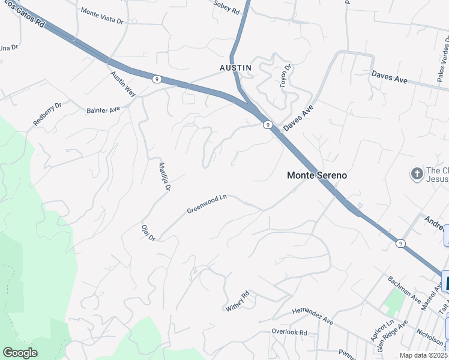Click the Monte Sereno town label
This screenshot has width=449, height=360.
(x=317, y=175)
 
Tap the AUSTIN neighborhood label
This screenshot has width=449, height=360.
(x=235, y=68)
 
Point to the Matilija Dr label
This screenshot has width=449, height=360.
(x=165, y=177)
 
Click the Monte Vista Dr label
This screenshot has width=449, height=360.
(x=101, y=16)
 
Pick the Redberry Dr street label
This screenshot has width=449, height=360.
(x=47, y=114)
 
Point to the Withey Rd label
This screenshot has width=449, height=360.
(x=237, y=301)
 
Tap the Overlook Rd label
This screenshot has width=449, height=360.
(x=289, y=332)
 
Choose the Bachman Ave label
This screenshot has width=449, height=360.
(x=404, y=289)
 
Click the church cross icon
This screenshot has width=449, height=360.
(x=417, y=174)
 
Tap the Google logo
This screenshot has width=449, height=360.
(x=20, y=353)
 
